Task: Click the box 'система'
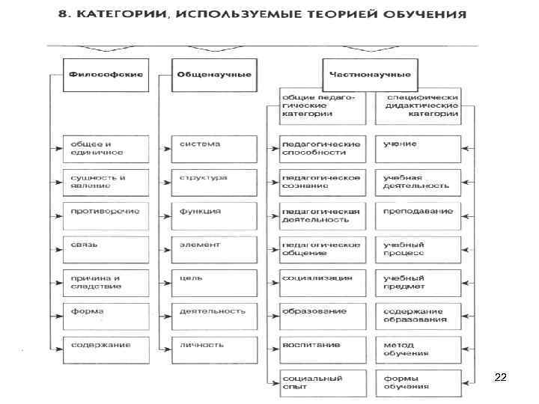click(214, 144)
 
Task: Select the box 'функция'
click(214, 212)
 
